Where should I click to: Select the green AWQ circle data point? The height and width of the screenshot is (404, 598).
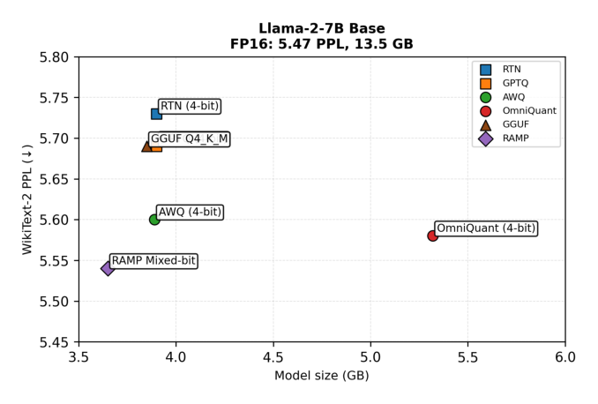[x=154, y=220]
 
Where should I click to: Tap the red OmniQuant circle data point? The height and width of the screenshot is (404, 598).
[x=432, y=236]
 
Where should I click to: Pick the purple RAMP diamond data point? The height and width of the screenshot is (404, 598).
[x=108, y=268]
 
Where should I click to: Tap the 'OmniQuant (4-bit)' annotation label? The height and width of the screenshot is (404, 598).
[x=486, y=228]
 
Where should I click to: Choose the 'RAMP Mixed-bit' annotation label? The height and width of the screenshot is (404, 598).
[x=153, y=261]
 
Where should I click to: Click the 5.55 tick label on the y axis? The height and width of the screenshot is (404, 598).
[x=56, y=261]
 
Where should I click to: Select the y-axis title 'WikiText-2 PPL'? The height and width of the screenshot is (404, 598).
[x=27, y=199]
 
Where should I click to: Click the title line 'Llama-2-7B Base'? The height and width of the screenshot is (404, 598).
[x=321, y=29]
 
